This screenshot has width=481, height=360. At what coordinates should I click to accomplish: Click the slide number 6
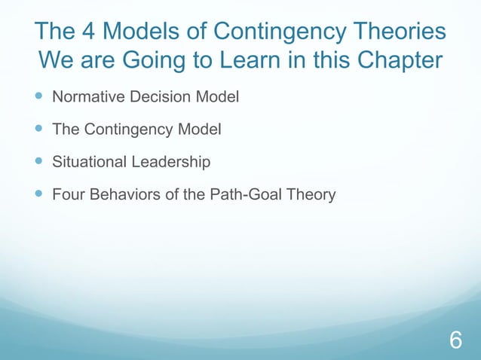tap(455, 340)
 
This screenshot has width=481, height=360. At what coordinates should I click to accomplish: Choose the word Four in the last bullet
tap(66, 194)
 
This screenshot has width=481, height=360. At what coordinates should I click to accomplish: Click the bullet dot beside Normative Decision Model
tap(38, 97)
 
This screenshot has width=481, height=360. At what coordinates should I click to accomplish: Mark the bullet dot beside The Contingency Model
tap(38, 130)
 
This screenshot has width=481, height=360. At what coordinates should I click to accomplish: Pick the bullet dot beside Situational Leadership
tap(38, 162)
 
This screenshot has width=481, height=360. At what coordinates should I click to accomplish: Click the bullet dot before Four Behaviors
tap(38, 194)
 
